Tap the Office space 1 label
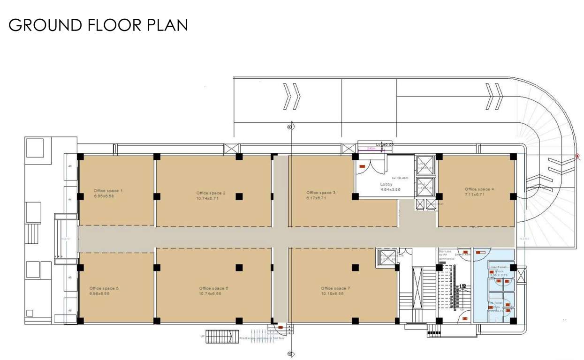tap(108, 191)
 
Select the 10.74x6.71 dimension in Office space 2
tap(207, 198)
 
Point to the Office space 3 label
tap(321, 193)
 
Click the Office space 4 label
tap(479, 189)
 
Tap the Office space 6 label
tap(213, 288)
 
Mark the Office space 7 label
tap(335, 288)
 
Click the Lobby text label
tap(386, 184)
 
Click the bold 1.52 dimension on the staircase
tap(463, 286)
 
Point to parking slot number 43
tap(70, 166)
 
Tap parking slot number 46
tap(70, 311)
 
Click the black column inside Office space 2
tap(239, 196)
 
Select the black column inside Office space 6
tap(239, 268)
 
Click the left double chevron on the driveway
tap(291, 97)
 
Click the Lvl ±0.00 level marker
tap(384, 145)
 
